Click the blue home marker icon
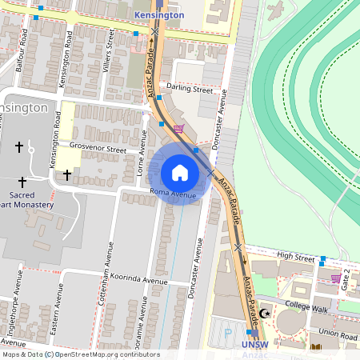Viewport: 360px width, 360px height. [179, 173]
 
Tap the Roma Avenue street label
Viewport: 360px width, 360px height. [173, 194]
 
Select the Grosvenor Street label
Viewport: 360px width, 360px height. [98, 149]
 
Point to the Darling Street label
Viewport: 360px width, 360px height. [190, 90]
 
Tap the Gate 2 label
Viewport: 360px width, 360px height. [346, 281]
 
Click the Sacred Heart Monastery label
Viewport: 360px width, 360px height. [27, 199]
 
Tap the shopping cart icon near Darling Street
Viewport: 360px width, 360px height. [178, 127]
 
